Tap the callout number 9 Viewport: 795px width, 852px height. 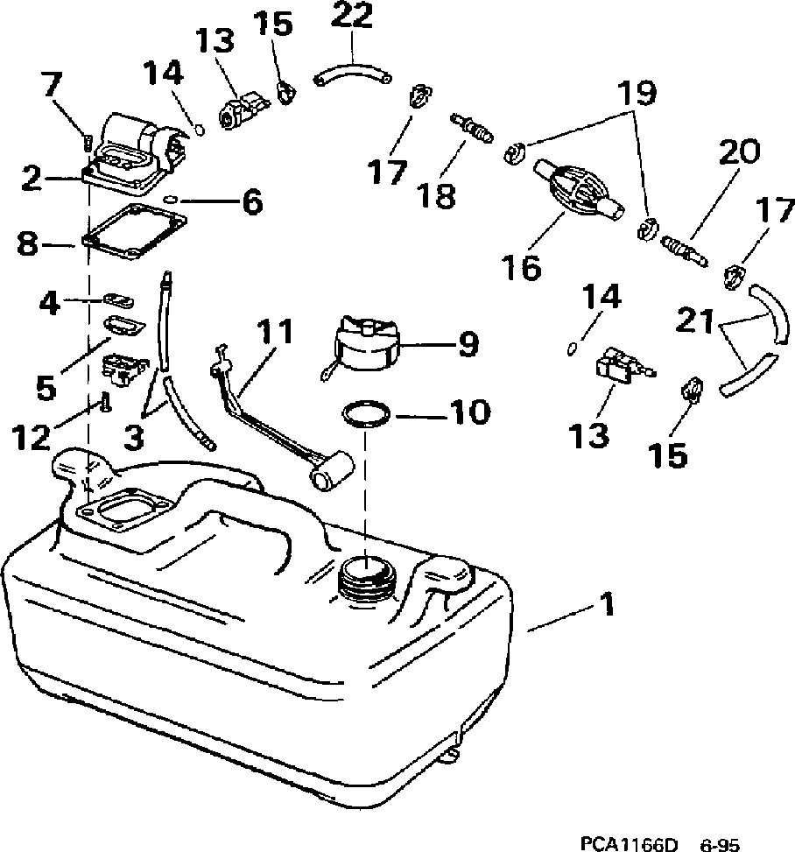[468, 343]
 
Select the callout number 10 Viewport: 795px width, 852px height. [470, 412]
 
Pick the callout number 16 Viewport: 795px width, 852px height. [523, 267]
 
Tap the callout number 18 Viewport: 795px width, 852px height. [438, 194]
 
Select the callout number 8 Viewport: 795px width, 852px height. [28, 243]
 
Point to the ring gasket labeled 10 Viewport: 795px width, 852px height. [366, 413]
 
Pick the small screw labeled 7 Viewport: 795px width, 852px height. [88, 138]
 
